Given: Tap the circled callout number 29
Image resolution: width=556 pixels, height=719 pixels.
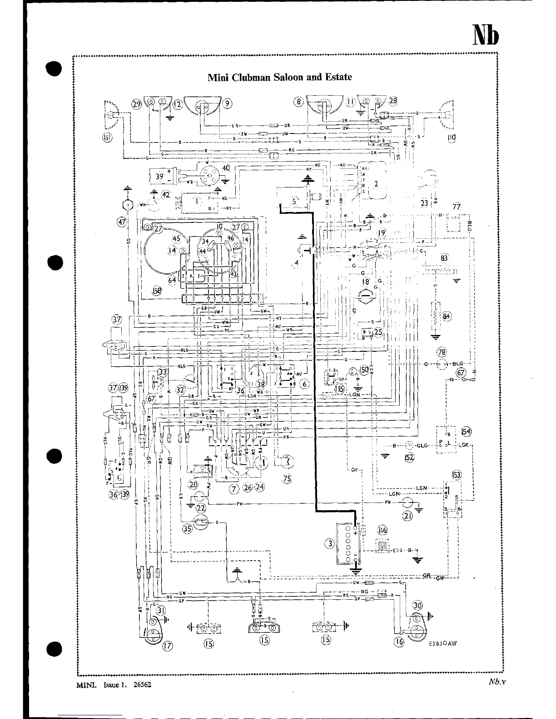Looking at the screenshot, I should click(137, 104).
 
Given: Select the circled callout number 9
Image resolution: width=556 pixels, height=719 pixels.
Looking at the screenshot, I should click(228, 103).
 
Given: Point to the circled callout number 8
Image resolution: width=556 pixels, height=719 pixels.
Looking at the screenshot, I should click(298, 102).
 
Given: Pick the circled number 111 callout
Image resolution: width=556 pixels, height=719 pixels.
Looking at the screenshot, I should click(108, 138).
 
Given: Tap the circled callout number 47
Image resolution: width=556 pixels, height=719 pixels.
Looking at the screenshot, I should click(121, 222).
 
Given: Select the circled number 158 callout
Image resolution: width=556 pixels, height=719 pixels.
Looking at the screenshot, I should click(157, 291).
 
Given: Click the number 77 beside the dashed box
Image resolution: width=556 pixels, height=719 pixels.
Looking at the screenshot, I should click(456, 207).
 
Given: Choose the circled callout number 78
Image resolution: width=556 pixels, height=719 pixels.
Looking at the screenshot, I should click(442, 351).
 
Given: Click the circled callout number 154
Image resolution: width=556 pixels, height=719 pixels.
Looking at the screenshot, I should click(466, 431).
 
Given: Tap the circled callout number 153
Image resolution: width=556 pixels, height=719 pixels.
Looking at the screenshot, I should click(456, 475).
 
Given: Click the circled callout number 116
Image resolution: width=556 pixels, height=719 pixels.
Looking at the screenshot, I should click(382, 530).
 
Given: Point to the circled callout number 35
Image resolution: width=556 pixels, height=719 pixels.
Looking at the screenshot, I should click(187, 528).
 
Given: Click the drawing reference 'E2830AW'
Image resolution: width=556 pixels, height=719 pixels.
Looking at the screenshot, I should click(442, 645).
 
